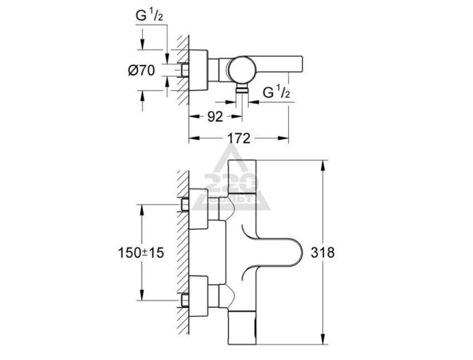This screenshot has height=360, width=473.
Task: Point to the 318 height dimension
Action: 323,252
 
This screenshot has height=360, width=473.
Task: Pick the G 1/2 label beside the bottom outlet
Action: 276,92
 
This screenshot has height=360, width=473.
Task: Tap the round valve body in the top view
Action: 240,70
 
